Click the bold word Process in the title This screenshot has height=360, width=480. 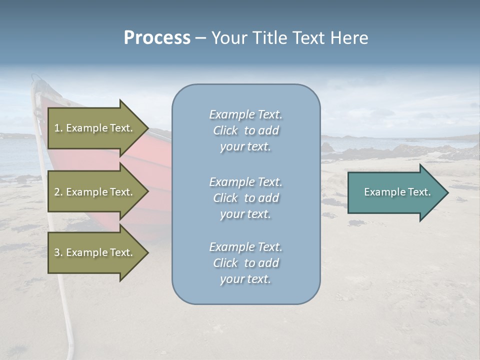point(157,38)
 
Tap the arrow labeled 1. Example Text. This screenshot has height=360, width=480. point(95,128)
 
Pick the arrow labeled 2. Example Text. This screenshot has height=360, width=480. point(95,192)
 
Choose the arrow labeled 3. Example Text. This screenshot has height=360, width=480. point(95,252)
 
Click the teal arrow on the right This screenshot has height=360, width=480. point(395,192)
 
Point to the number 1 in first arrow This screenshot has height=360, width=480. point(57,128)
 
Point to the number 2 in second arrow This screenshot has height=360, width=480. point(57,192)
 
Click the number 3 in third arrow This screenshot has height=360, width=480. point(57,252)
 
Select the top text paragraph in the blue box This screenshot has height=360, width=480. point(245,130)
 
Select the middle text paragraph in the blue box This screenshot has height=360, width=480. point(245,198)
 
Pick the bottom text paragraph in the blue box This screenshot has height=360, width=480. point(245,263)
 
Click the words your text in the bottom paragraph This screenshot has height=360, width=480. point(245,279)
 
